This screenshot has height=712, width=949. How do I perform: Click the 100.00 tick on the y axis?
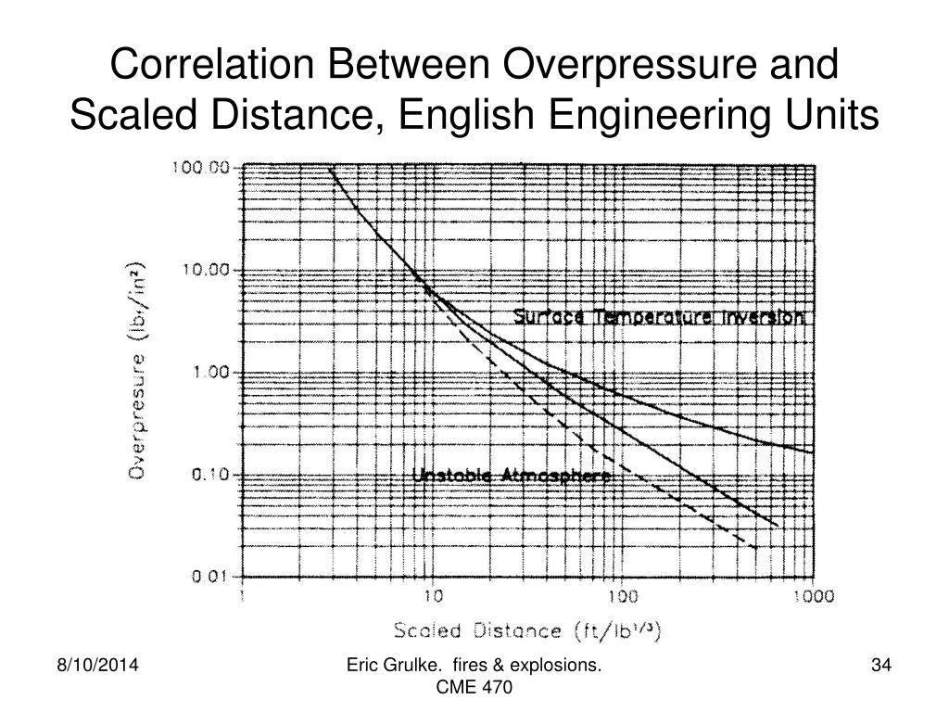(x=202, y=168)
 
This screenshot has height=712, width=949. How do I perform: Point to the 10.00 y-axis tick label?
(x=206, y=271)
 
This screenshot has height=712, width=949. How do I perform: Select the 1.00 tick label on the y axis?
(x=209, y=373)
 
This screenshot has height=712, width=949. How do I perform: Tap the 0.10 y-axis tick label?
(x=209, y=475)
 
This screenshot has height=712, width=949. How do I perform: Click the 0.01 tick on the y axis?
(x=210, y=577)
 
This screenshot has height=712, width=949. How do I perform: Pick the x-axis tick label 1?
(x=242, y=595)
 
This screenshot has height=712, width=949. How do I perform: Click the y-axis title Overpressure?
(x=137, y=370)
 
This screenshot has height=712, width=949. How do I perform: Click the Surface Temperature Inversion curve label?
(x=660, y=317)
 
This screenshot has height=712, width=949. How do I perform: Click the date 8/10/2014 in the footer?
(x=92, y=667)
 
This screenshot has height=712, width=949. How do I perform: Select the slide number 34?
(x=880, y=667)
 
